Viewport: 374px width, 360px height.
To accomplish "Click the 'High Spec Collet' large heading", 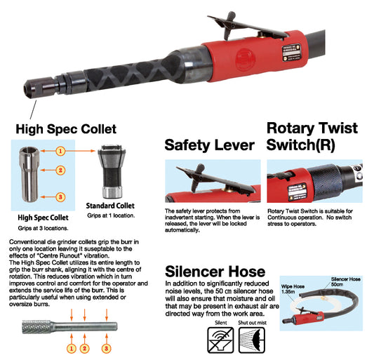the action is point(66,129).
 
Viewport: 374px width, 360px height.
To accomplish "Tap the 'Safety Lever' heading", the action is point(209,145).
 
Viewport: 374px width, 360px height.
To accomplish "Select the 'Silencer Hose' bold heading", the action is point(215,272).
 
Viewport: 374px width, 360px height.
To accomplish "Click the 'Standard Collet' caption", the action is point(110,206).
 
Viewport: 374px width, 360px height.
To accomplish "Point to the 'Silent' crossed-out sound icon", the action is point(220,340).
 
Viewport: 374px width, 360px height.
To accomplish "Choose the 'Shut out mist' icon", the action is point(252,340).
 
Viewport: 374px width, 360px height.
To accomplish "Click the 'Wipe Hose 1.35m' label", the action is point(293,289).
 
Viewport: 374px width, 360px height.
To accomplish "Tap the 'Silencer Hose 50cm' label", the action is point(346,281).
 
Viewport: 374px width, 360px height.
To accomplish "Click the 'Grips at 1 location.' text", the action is point(111,215).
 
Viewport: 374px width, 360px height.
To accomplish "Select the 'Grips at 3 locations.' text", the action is point(43,228).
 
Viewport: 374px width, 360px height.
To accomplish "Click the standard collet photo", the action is point(112,171).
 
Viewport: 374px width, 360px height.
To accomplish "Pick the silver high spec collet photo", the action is point(29,175).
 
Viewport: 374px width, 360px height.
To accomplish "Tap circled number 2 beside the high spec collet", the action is point(60,170).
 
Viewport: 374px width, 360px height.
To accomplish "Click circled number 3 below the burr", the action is point(107,349).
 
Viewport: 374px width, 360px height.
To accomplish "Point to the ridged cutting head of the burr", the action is point(36,326).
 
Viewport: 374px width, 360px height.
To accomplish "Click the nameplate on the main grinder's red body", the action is point(291,53).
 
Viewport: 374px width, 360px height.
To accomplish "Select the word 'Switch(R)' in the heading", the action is point(300,145).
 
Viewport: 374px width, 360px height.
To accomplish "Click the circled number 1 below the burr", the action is point(72,349).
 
